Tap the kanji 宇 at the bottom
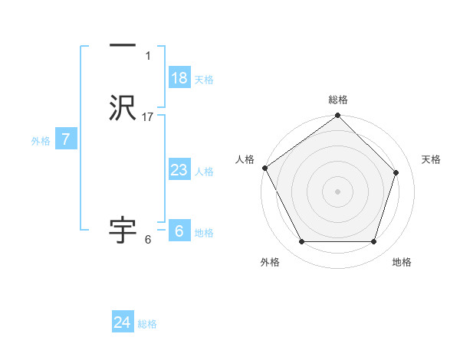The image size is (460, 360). [123, 229]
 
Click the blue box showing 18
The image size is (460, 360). [179, 78]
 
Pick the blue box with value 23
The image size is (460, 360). [179, 170]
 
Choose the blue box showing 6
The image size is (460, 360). [179, 231]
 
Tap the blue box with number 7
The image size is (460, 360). [66, 139]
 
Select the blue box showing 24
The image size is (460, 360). [123, 322]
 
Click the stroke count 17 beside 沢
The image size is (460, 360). [148, 117]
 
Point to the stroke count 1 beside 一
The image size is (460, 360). [148, 56]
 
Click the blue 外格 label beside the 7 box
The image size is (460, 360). [40, 141]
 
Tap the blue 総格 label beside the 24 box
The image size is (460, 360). [147, 324]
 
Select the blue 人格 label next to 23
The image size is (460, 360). [204, 172]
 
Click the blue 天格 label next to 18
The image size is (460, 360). [204, 80]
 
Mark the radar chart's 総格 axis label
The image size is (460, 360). [338, 100]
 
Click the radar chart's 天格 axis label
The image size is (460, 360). [431, 159]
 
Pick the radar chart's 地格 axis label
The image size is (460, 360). [402, 262]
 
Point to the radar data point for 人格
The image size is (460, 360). [265, 168]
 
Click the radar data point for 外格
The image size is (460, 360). [301, 242]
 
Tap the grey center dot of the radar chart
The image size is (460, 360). [337, 191]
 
